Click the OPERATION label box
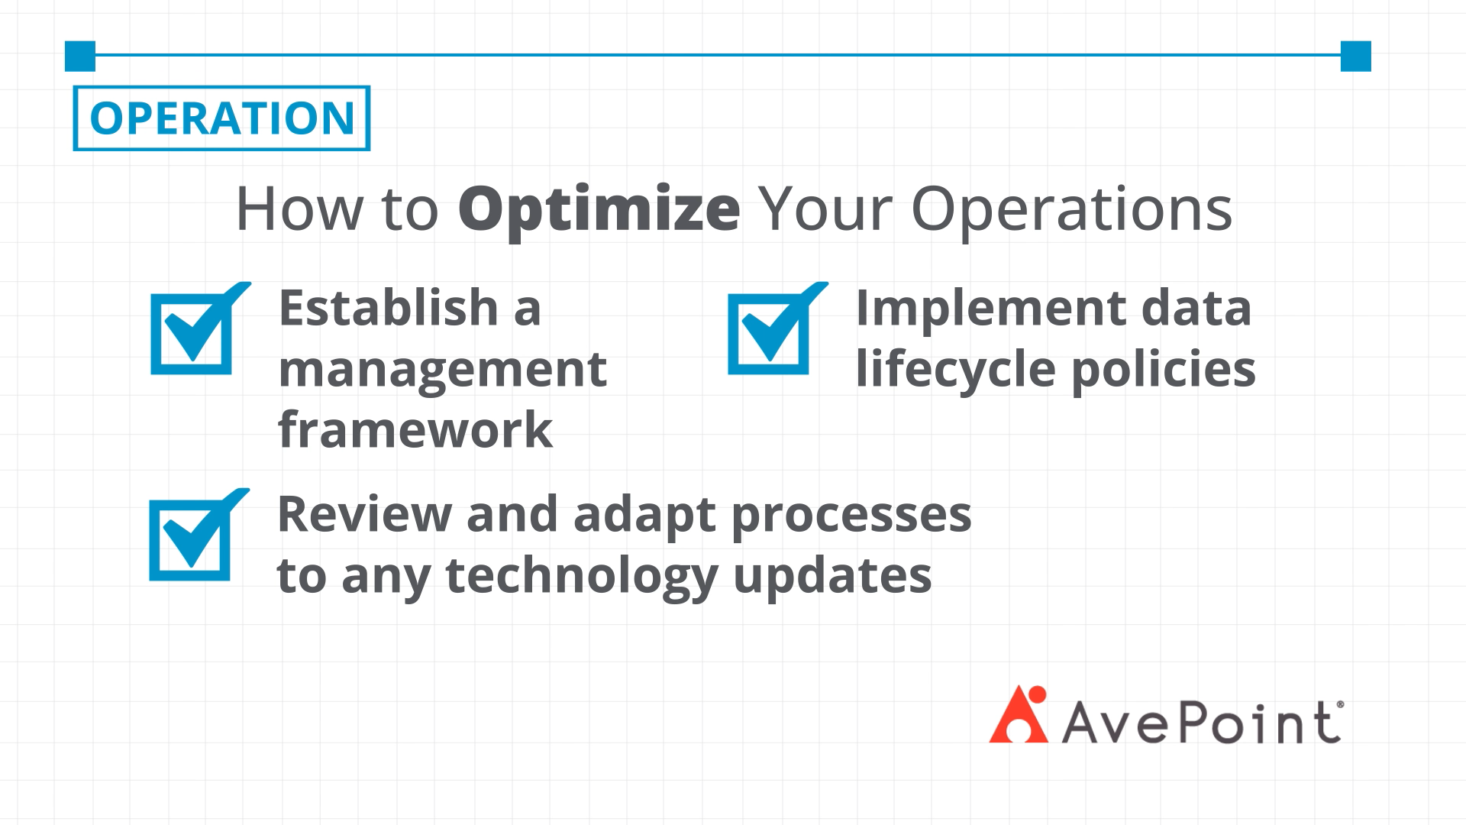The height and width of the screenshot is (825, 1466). [221, 118]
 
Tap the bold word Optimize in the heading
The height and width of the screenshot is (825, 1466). [599, 209]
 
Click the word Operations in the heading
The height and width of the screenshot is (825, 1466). [1072, 209]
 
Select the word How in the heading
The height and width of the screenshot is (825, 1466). [299, 208]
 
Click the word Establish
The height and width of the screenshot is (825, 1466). [389, 307]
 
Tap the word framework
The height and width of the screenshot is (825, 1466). [415, 429]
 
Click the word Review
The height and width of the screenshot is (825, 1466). [364, 513]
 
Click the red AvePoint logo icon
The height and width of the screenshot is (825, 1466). [1019, 714]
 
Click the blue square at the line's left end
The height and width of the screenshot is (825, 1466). [80, 56]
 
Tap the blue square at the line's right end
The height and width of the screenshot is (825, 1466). [1355, 56]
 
